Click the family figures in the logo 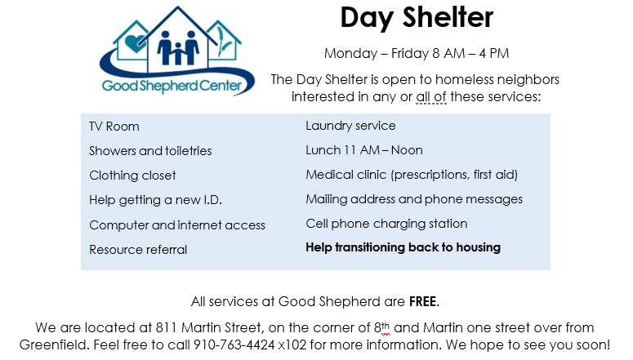coord(178,48)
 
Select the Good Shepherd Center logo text coord(172,86)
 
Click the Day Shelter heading coord(417,18)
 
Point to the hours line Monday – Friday coord(417,53)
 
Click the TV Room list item coord(114,127)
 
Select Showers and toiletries coord(150,151)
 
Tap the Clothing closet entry coord(133,176)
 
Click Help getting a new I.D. coord(156,200)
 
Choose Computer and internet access coord(177,224)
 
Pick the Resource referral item coord(138,250)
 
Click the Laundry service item coord(350,126)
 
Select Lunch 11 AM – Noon coord(364,150)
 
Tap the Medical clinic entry coord(412,175)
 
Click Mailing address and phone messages coord(414,199)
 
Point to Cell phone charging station coord(386,224)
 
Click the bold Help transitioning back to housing coord(403,247)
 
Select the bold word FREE coord(422,301)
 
